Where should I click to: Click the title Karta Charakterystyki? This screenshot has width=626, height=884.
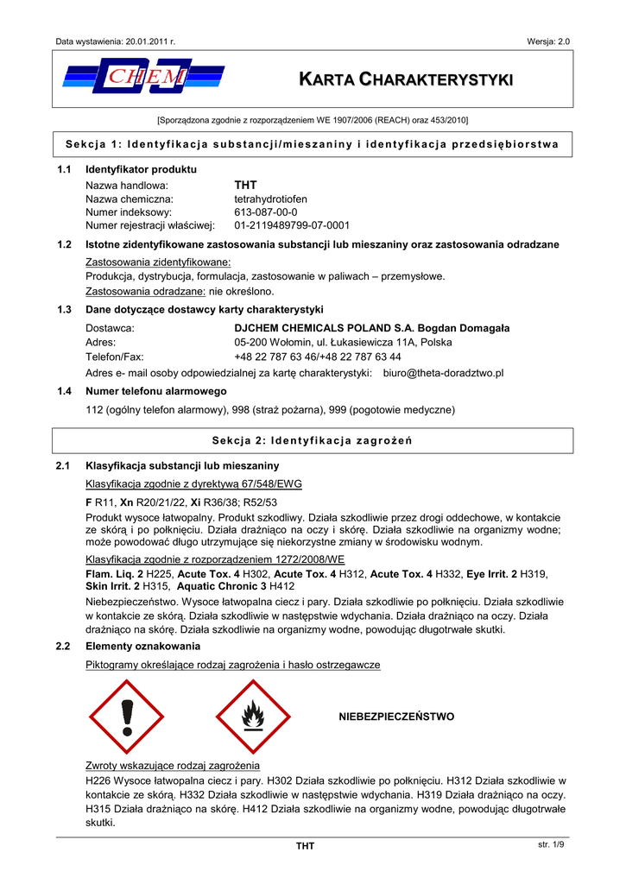[x=405, y=80]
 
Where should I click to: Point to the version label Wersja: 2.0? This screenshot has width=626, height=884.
[x=547, y=41]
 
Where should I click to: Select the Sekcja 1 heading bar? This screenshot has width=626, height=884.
[x=313, y=143]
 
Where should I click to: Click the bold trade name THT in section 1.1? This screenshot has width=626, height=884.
[x=246, y=185]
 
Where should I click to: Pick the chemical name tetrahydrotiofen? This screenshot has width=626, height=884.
[x=270, y=199]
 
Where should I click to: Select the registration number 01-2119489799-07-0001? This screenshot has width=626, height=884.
[x=292, y=225]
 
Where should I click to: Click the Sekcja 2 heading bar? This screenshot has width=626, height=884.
[x=313, y=441]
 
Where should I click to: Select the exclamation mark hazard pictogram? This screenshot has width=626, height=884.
[x=128, y=716]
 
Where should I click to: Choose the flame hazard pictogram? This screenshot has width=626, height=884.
[x=252, y=716]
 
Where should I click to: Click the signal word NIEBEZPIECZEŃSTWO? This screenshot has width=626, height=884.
[x=396, y=717]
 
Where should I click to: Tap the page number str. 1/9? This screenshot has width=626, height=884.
[x=549, y=843]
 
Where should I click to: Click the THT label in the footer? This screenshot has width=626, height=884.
[x=305, y=846]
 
